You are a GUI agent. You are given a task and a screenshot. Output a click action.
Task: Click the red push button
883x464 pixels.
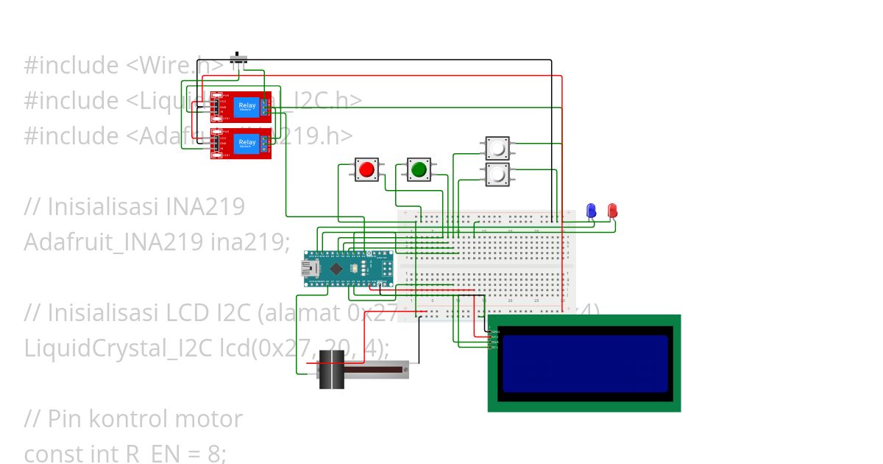click(x=366, y=169)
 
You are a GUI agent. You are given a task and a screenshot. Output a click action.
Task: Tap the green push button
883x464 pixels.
click(x=419, y=169)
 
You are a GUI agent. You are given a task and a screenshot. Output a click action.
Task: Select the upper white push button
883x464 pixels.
click(x=497, y=147)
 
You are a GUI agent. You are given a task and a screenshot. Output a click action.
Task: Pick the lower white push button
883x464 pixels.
click(x=497, y=175)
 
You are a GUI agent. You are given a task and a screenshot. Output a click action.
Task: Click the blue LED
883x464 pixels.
click(x=590, y=211)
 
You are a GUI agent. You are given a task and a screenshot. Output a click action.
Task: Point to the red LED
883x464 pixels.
click(x=612, y=211)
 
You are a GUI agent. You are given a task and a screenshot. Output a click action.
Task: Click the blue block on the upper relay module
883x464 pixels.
click(x=247, y=107)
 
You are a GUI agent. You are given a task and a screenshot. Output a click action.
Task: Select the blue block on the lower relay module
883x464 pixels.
click(x=247, y=144)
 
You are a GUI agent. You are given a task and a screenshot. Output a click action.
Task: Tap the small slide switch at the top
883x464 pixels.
click(x=238, y=60)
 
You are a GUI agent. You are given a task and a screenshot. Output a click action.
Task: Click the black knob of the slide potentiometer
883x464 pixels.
click(x=332, y=369)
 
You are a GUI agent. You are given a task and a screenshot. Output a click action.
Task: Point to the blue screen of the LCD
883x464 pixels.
click(x=585, y=363)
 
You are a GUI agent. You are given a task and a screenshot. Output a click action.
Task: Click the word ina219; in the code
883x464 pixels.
click(x=251, y=242)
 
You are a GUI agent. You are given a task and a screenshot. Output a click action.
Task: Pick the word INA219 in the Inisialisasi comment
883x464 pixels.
click(x=208, y=207)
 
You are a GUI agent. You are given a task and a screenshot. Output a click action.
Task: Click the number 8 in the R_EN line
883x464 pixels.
click(x=213, y=454)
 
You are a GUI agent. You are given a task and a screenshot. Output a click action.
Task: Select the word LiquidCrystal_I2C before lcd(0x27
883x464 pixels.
click(x=118, y=348)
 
